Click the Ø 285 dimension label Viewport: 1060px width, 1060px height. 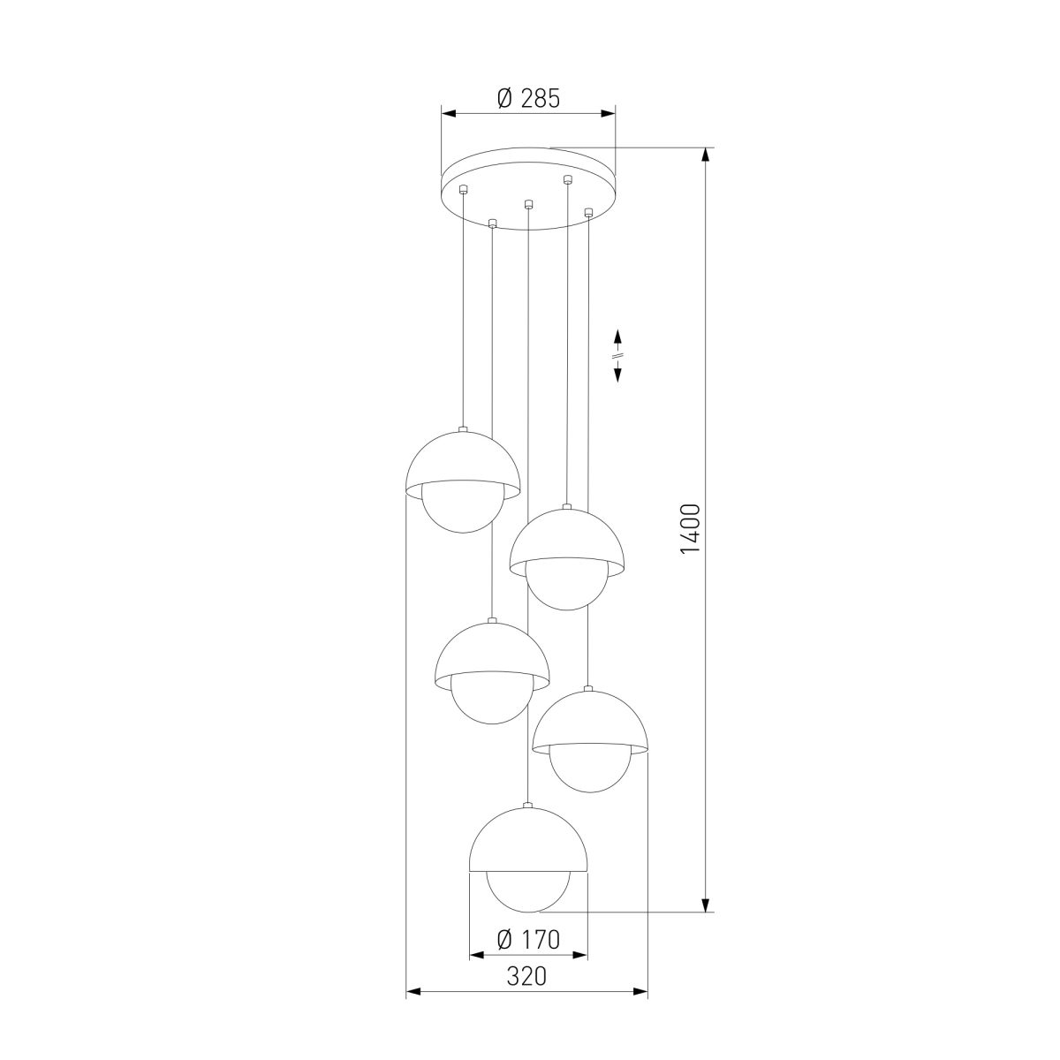tap(528, 98)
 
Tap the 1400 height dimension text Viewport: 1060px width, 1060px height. tap(690, 528)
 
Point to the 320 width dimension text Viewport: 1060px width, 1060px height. tap(526, 992)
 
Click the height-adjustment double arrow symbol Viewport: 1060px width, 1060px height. tap(617, 356)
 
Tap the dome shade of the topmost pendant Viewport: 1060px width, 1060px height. tap(463, 465)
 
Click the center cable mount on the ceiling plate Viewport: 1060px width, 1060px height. tap(528, 204)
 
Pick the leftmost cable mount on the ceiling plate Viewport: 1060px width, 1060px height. tap(464, 189)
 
